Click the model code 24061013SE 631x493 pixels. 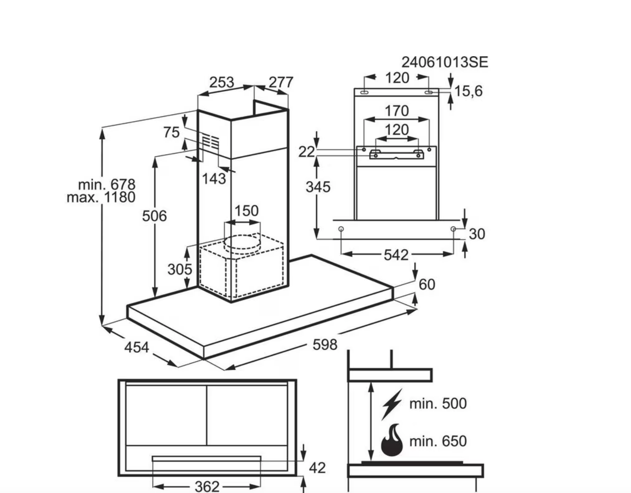pos(445,62)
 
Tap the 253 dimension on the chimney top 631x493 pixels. pos(221,82)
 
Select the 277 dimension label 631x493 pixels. pos(281,82)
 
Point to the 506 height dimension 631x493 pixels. pos(154,216)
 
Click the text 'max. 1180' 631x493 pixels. pos(101,197)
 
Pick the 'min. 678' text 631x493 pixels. pos(107,185)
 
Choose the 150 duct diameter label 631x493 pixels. pos(246,211)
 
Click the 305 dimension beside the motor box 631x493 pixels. pos(179,269)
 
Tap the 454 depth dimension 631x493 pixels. pos(136,347)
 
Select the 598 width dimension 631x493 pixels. pos(325,345)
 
